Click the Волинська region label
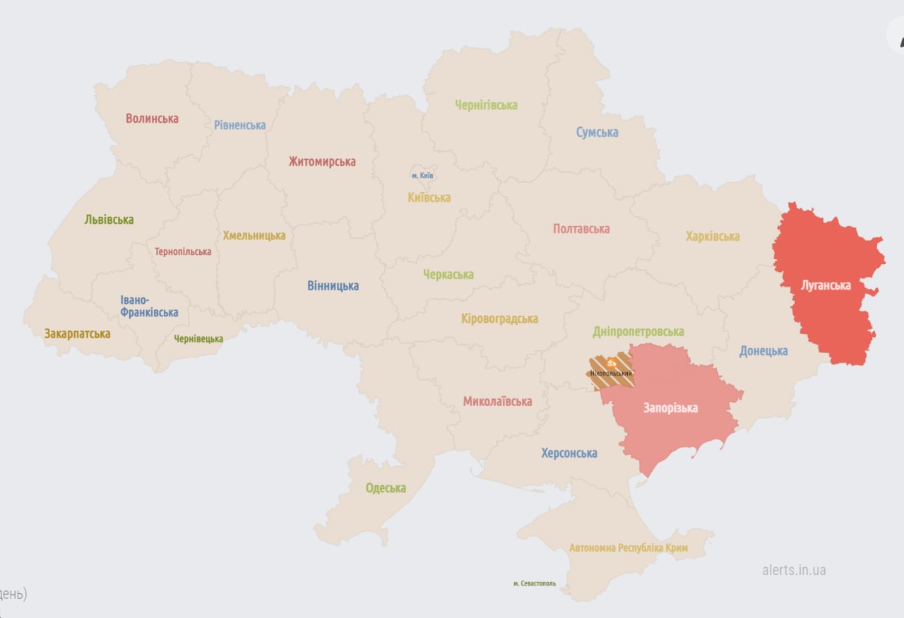tap(152, 119)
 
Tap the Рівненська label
tap(240, 125)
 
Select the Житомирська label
tap(322, 162)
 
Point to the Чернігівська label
tap(486, 105)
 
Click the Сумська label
tap(597, 133)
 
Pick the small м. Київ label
tap(422, 175)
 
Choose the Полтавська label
tap(581, 229)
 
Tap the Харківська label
tap(713, 237)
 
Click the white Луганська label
tap(826, 286)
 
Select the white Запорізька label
tap(670, 408)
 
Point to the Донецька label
tap(763, 351)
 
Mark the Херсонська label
tap(569, 453)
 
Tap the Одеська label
tap(386, 488)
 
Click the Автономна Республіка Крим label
tap(629, 548)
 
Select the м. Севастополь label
tap(535, 584)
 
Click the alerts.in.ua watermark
tap(794, 570)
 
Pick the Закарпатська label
tap(77, 334)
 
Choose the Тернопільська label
tap(183, 252)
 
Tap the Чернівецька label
tap(198, 339)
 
